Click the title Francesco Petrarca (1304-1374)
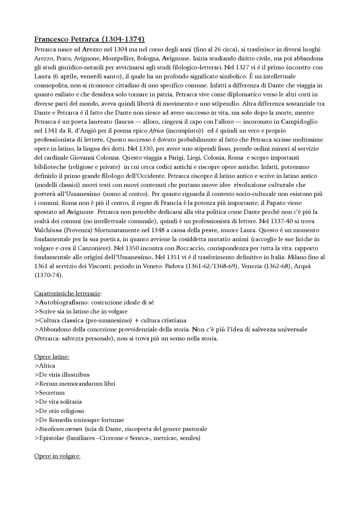[89, 39]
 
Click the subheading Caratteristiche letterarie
[67, 293]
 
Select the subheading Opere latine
[51, 357]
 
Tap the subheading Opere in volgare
[57, 456]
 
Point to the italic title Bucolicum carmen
[60, 429]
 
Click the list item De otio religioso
[61, 411]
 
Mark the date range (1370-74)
[49, 275]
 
